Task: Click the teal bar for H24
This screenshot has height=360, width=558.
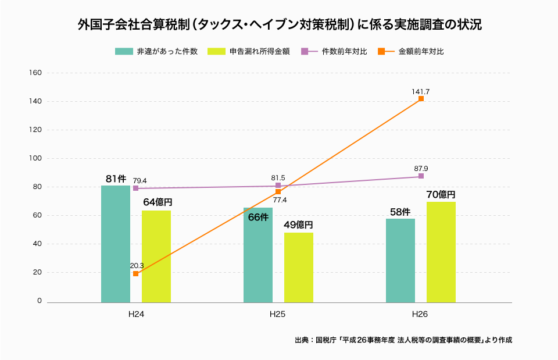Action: point(115,244)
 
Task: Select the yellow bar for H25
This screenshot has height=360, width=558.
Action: point(298,268)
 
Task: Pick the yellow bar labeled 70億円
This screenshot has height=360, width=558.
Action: point(441,252)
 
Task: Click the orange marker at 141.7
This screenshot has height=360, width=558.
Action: point(421,99)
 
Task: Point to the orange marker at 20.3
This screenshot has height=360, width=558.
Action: point(135,273)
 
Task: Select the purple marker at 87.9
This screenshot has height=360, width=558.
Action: point(421,176)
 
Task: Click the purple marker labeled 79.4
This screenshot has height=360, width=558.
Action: point(135,188)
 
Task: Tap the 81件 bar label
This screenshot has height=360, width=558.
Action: point(116,179)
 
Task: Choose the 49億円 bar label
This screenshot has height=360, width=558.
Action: point(298,225)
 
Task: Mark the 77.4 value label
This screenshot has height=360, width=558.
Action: point(280,200)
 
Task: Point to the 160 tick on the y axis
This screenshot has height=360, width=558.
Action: point(35,73)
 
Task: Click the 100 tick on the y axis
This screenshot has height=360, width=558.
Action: point(35,158)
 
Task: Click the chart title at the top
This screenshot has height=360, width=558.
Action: point(279,25)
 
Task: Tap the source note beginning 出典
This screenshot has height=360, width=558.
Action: point(403,340)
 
